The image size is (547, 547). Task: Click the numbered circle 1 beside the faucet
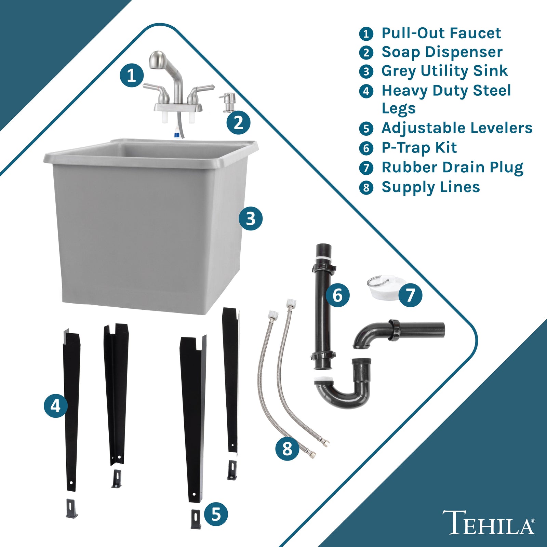[x=132, y=75]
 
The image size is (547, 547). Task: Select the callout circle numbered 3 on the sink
[x=251, y=218]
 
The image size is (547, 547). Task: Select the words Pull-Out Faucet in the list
[x=441, y=33]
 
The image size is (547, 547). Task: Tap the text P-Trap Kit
[x=419, y=148]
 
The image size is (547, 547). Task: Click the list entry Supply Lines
[x=431, y=187]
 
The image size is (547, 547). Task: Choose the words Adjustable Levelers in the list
[x=457, y=128]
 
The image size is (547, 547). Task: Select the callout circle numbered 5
[x=216, y=514]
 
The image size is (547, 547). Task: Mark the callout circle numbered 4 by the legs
[x=56, y=406]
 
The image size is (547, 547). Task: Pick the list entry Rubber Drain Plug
[x=452, y=168]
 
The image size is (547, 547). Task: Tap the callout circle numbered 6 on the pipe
[x=337, y=295]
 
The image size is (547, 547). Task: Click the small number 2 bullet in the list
[x=366, y=53]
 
